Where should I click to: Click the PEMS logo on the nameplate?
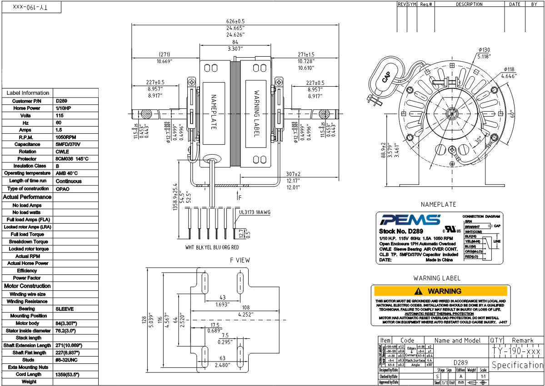point(410,220)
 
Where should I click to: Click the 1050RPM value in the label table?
point(66,137)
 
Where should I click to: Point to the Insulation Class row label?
point(27,166)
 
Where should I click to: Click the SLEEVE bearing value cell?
point(65,309)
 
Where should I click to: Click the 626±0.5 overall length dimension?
point(235,21)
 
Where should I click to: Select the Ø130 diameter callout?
point(484,50)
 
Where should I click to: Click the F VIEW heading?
point(240,260)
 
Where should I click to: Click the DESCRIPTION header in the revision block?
point(469,4)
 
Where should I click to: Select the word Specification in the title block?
point(517,365)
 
